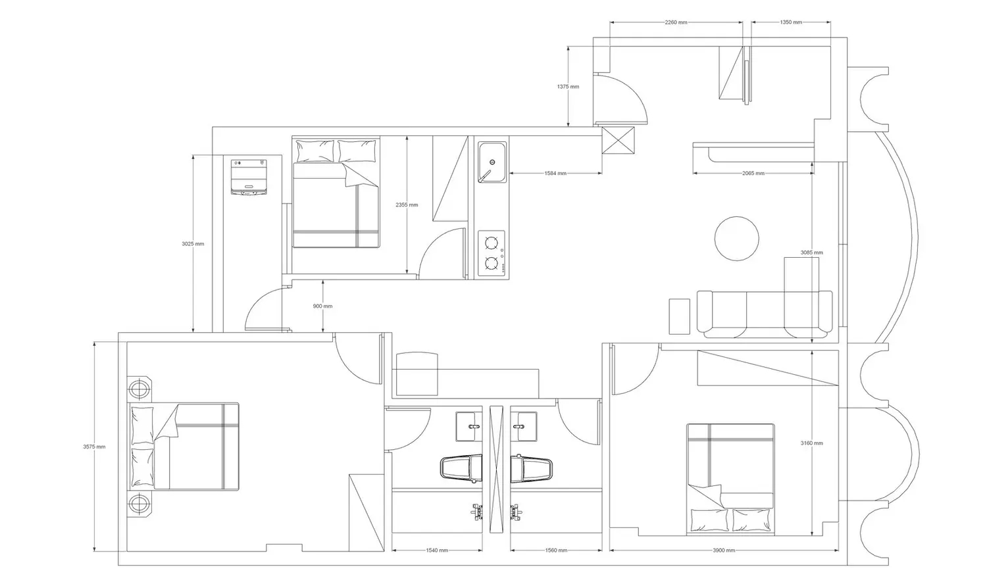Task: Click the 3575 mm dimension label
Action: [94, 447]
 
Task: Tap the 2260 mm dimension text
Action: [676, 22]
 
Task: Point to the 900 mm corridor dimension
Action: [322, 306]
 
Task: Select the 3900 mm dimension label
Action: [724, 550]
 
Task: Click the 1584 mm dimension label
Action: [555, 173]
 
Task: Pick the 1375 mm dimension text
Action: [568, 87]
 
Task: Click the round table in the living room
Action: [736, 238]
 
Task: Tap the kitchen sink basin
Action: [492, 162]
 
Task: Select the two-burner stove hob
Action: [492, 253]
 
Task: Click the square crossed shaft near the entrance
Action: [619, 141]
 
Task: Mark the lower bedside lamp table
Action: [139, 503]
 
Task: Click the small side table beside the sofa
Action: [680, 316]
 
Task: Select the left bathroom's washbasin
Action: [468, 426]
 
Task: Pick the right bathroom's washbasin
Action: [524, 426]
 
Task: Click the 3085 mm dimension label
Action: [811, 253]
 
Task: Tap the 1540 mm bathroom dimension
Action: [437, 550]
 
